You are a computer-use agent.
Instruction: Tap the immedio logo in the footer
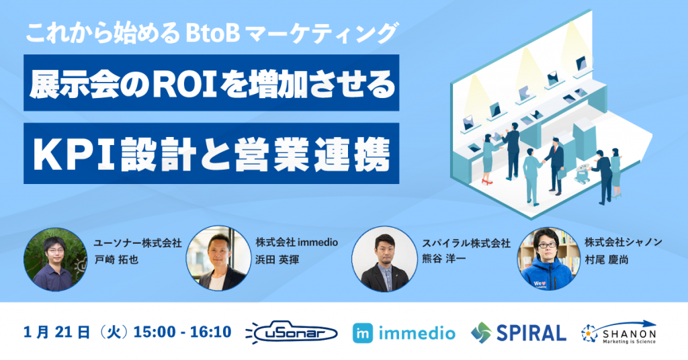tap(404, 332)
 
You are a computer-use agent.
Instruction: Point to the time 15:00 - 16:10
tap(182, 332)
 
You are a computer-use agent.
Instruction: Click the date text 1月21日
tap(56, 332)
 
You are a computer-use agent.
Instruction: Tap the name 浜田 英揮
tap(277, 259)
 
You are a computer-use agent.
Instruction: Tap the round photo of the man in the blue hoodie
tap(548, 259)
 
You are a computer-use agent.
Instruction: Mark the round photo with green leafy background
tap(55, 259)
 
